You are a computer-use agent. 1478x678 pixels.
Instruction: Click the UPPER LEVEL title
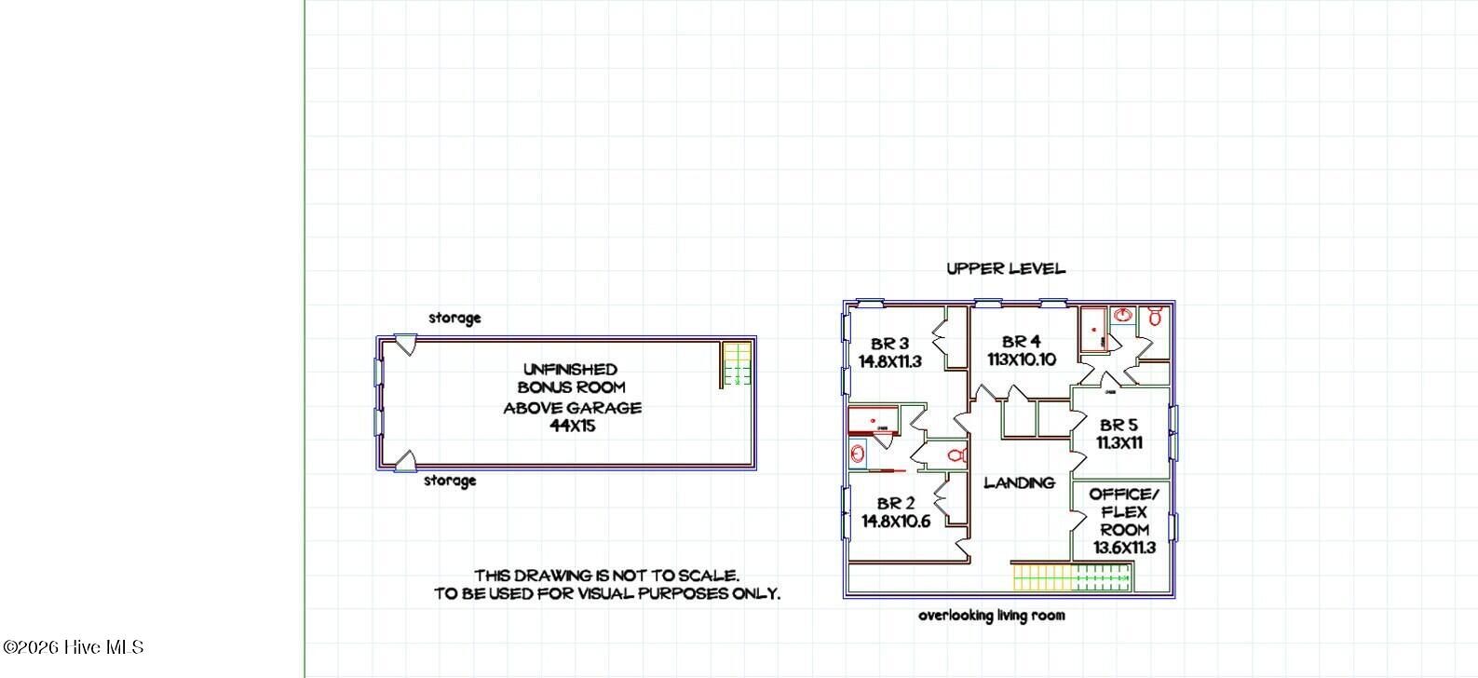[x=1006, y=268]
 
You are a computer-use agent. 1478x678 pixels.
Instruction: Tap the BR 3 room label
[x=889, y=344]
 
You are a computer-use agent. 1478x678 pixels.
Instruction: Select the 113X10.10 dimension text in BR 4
[x=1022, y=359]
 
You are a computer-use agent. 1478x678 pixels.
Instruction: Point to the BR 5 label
[x=1119, y=425]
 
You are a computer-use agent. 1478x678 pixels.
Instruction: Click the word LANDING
[x=1019, y=482]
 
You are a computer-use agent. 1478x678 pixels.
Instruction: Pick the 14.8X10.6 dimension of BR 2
[x=895, y=521]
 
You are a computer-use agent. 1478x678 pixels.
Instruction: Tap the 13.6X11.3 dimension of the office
[x=1124, y=548]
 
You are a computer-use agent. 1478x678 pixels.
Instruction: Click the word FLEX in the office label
[x=1124, y=512]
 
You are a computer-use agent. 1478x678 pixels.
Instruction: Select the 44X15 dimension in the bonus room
[x=572, y=426]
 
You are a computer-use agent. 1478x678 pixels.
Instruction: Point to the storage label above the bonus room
[x=454, y=318]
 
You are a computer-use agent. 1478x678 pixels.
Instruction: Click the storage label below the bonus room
[x=449, y=481]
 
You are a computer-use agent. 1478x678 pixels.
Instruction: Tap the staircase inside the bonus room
[x=737, y=363]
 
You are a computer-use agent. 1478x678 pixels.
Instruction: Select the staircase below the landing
[x=1072, y=577]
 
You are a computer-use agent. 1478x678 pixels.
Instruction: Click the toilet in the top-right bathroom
[x=1155, y=316]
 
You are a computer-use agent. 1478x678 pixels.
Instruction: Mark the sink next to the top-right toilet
[x=1122, y=316]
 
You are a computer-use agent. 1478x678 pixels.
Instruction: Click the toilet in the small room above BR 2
[x=956, y=455]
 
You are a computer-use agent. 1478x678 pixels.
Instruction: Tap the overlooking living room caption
[x=991, y=616]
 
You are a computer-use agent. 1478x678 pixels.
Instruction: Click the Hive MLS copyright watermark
[x=74, y=647]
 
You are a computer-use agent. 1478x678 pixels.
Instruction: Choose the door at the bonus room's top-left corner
[x=406, y=345]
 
